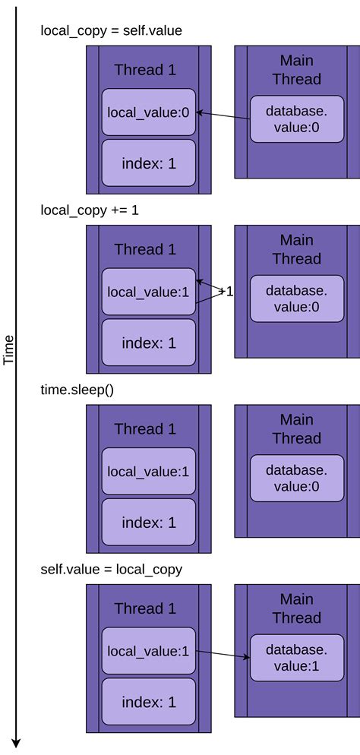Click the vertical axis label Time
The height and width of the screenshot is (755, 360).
(x=9, y=349)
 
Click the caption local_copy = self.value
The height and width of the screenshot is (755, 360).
(x=111, y=30)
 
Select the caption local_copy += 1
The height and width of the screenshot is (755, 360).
(x=90, y=210)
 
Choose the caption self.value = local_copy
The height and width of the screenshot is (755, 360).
(x=111, y=569)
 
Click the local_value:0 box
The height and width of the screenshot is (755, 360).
(x=148, y=112)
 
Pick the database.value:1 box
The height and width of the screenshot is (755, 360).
(x=296, y=658)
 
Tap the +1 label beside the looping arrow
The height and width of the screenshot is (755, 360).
(x=226, y=291)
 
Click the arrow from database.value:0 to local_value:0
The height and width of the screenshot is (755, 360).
(x=225, y=116)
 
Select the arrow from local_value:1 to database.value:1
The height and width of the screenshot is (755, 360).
(x=223, y=654)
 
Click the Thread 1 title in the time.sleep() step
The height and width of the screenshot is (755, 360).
(x=145, y=428)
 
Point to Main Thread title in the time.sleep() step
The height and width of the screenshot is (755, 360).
(x=296, y=428)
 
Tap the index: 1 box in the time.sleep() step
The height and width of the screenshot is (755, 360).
(x=148, y=523)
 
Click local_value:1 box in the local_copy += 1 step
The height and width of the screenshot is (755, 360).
(x=148, y=292)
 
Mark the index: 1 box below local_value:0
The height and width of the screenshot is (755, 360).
(x=148, y=163)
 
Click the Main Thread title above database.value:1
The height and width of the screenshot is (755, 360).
(x=296, y=608)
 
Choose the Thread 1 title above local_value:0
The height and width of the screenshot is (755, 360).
(x=145, y=70)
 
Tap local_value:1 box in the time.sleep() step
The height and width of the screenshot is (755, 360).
(x=148, y=472)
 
